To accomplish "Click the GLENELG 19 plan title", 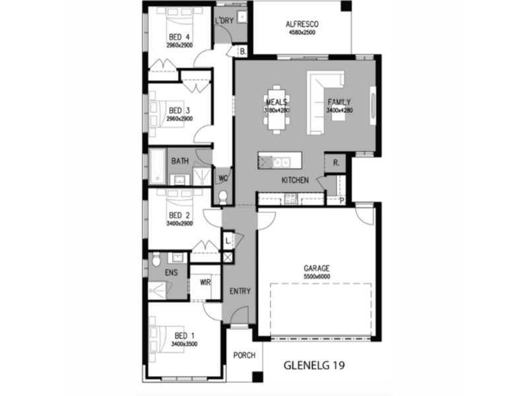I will [x=313, y=364].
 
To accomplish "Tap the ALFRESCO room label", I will [x=302, y=25].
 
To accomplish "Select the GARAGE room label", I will [x=317, y=269].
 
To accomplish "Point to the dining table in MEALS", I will [x=277, y=110].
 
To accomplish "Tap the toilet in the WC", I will [x=223, y=196].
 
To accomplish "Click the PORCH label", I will [x=244, y=356].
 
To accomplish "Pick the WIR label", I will [x=205, y=282].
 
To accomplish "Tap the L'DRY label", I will [x=224, y=21].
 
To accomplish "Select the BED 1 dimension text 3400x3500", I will [x=184, y=344].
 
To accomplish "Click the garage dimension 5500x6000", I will [x=317, y=277].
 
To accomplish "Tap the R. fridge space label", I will [x=336, y=162].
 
